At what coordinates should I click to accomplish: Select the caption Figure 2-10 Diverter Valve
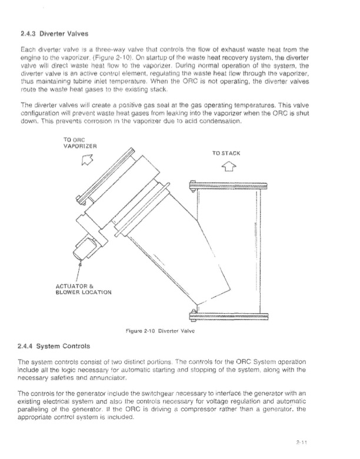180,330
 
